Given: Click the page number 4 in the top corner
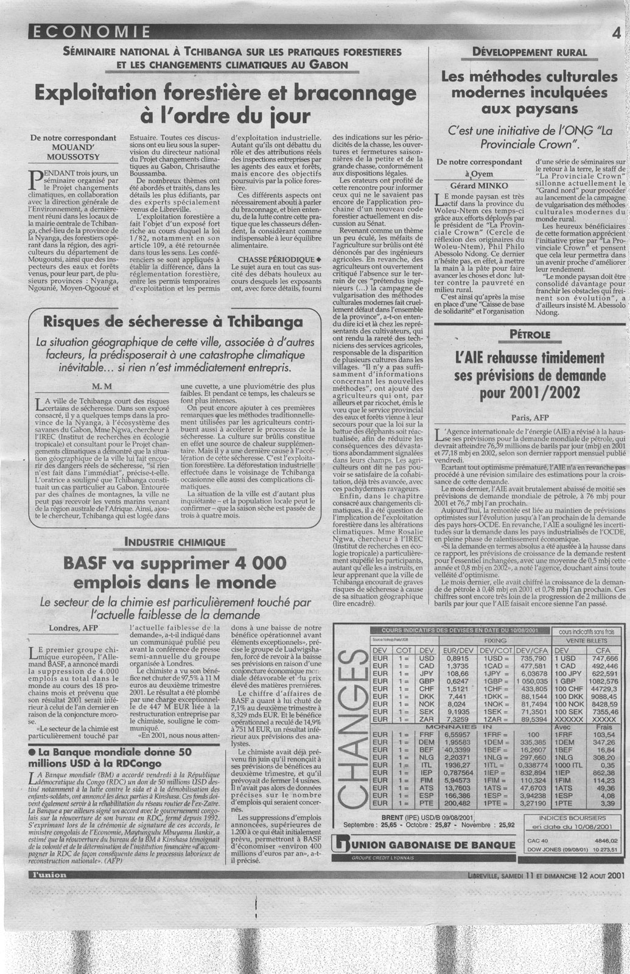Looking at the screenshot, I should click(617, 31).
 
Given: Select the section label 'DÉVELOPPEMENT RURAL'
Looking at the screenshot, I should click(529, 52).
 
